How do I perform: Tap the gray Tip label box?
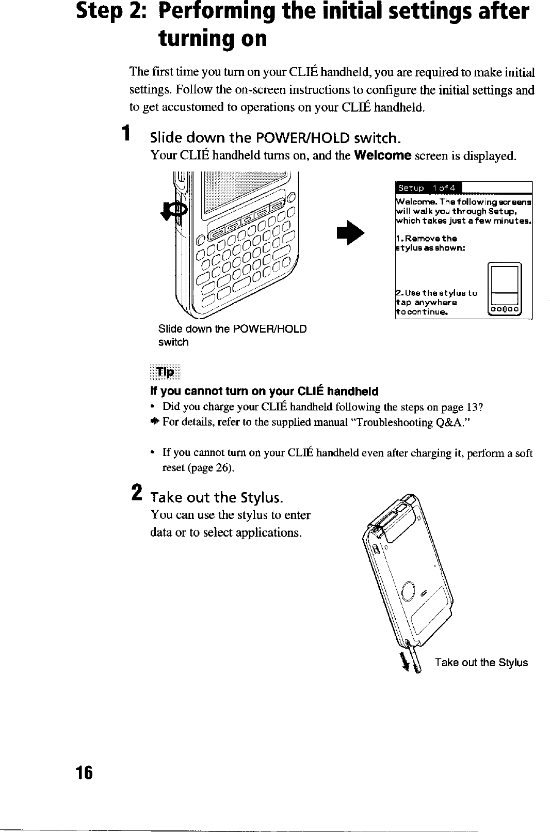[165, 372]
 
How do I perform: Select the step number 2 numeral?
[136, 491]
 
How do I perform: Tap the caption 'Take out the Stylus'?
[481, 663]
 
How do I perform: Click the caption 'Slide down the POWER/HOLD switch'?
[232, 335]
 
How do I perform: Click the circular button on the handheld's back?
[408, 589]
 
